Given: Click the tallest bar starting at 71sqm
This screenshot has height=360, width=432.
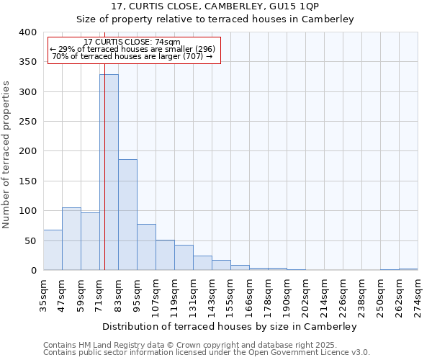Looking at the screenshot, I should [x=109, y=173].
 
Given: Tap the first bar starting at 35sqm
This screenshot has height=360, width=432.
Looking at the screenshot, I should [x=53, y=250].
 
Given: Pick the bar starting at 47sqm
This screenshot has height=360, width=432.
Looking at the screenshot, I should [x=71, y=239].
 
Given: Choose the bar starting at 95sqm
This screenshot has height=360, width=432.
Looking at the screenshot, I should [x=146, y=247].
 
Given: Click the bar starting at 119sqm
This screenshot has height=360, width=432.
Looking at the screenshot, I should [x=184, y=258].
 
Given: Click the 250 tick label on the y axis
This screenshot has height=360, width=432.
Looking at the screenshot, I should [x=27, y=122].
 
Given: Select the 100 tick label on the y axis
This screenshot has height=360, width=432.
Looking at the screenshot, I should [x=27, y=211].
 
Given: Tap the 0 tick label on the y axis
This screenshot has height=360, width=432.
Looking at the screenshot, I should [x=33, y=271].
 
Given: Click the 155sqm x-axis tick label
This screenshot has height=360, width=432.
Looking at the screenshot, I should [x=231, y=295].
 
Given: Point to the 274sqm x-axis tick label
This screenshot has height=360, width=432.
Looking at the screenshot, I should [x=418, y=295].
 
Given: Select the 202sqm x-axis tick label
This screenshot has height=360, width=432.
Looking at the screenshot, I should [x=306, y=295].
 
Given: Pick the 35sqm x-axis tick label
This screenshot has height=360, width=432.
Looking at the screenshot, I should [x=44, y=295].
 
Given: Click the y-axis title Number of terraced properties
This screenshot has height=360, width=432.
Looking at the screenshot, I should [x=6, y=155].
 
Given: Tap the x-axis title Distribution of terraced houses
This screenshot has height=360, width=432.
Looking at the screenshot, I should [x=230, y=326].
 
